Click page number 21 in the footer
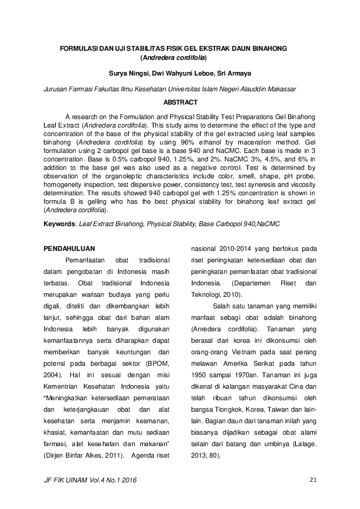tap(313, 481)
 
